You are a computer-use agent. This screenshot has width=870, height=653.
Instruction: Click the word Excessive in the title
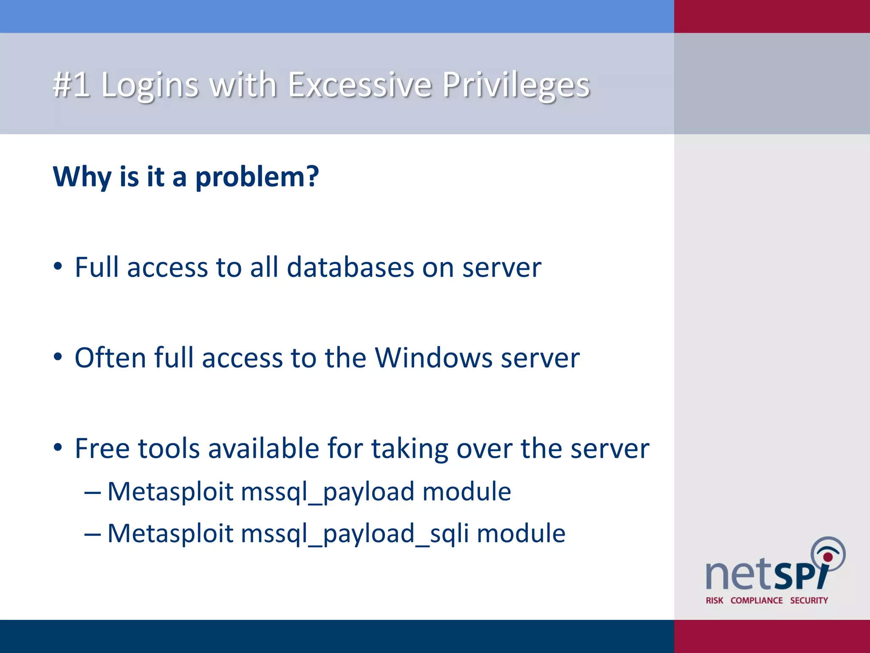tap(360, 85)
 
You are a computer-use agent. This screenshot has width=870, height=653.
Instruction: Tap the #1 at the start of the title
tap(71, 85)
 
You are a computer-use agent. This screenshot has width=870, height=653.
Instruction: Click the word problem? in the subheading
tap(257, 177)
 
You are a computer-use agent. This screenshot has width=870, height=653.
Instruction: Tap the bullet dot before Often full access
tap(58, 358)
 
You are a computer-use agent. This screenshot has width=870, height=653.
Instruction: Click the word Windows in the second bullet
tap(434, 358)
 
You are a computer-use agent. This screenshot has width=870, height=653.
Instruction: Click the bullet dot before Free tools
tap(58, 448)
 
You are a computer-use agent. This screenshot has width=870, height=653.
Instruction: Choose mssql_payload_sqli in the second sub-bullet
tap(355, 534)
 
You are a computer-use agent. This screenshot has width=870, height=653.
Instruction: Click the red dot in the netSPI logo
tap(828, 557)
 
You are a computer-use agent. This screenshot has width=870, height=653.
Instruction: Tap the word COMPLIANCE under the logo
tap(757, 600)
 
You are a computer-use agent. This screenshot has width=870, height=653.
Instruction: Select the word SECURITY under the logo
tap(809, 600)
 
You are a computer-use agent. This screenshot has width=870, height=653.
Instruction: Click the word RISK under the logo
tap(715, 600)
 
